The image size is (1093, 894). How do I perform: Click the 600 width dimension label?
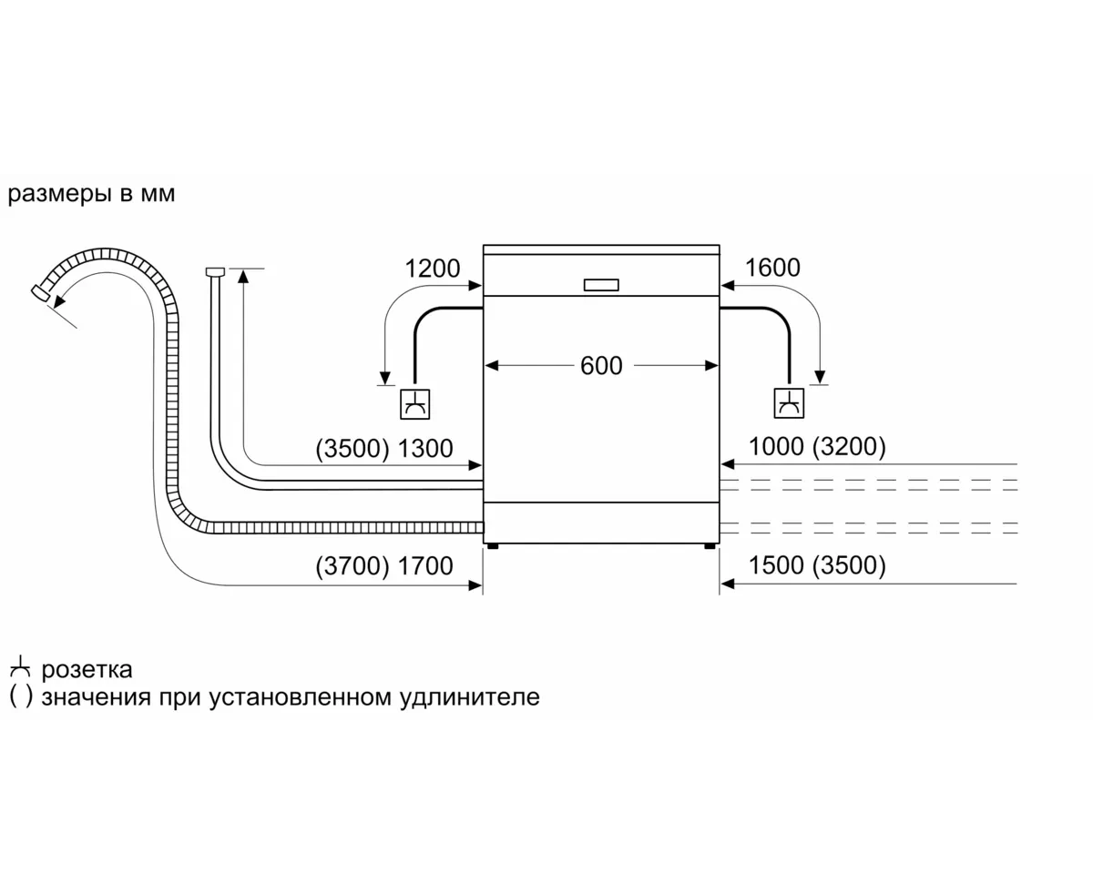coord(601,366)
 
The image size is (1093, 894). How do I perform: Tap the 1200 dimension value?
coord(433,269)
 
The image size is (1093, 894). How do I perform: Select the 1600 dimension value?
coord(772,268)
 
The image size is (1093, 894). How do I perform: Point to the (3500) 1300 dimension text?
coord(383,448)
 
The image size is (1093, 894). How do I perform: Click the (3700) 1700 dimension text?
coord(383,566)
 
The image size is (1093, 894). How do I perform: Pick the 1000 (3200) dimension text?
coord(816,447)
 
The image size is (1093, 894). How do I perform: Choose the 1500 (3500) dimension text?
coord(816,566)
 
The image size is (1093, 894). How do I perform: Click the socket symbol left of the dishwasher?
coord(414,404)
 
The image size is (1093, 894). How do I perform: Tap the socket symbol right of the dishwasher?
coord(789,403)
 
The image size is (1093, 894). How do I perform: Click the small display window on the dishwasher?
coord(601,285)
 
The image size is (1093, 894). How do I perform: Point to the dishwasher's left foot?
coord(493,547)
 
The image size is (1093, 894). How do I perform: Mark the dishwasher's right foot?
coord(709,547)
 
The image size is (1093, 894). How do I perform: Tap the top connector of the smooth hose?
coord(215,271)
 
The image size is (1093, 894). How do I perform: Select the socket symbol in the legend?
coord(19,670)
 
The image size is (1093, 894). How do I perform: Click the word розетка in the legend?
coord(87,671)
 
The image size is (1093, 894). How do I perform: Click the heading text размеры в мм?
coord(91,195)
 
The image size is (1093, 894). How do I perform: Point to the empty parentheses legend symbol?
coord(20,698)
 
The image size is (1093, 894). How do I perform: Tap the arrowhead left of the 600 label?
coord(491,366)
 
